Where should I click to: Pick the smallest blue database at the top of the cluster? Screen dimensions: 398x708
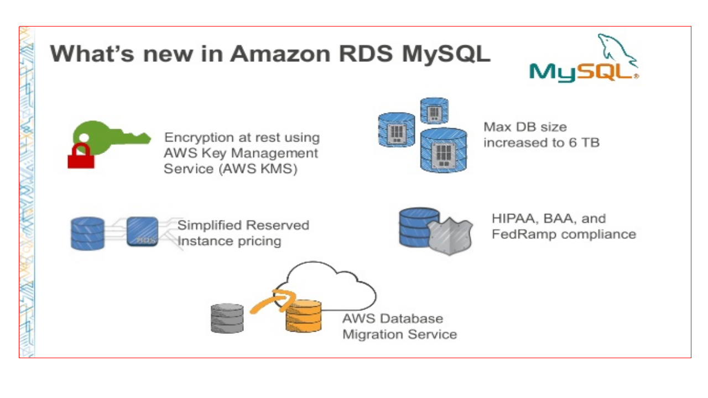tap(434, 111)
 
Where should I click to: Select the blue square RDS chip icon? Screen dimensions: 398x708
tap(142, 232)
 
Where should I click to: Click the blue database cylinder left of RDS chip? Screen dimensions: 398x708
tap(87, 233)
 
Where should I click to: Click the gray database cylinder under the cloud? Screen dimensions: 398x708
tap(227, 318)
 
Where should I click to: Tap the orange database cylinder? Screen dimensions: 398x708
tap(304, 316)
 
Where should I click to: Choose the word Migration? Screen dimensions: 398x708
tap(372, 334)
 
